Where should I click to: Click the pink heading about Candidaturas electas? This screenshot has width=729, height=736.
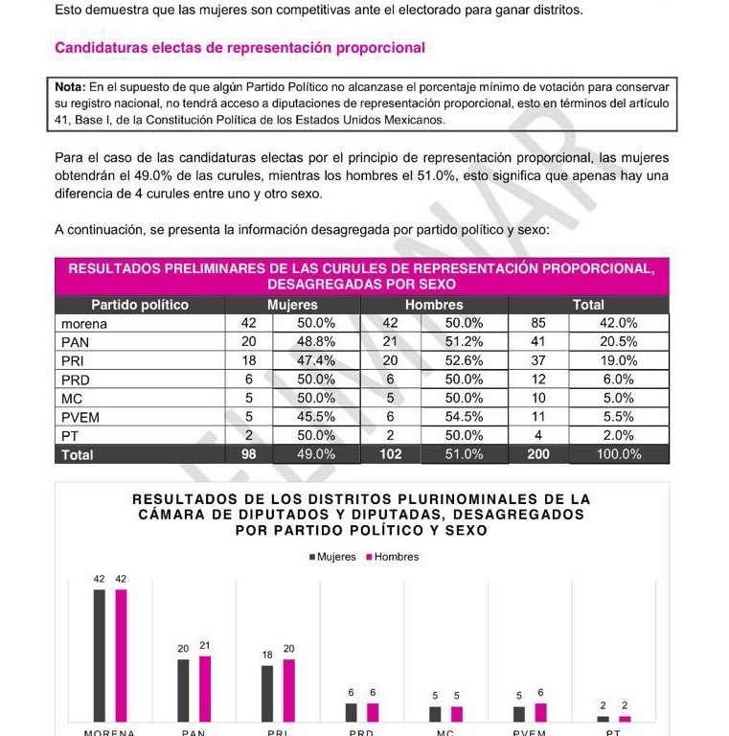(x=239, y=47)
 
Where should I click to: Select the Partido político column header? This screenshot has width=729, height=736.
(x=140, y=305)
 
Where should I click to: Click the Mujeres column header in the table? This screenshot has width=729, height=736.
(x=292, y=305)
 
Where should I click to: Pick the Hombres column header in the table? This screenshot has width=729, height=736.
(x=434, y=305)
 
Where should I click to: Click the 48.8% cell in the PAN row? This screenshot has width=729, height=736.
(x=316, y=341)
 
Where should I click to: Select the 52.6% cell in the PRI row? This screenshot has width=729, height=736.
(x=465, y=360)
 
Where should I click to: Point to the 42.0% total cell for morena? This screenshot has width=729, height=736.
(x=618, y=323)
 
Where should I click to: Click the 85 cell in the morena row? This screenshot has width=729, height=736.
(x=538, y=323)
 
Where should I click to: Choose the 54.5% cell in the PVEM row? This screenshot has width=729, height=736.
(x=465, y=417)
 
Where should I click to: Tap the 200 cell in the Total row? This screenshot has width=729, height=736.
(x=538, y=454)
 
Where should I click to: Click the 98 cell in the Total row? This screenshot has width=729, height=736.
(x=248, y=454)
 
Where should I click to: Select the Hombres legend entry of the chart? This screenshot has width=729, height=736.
(x=392, y=557)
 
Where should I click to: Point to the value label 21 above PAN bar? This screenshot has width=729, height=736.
(x=204, y=646)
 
